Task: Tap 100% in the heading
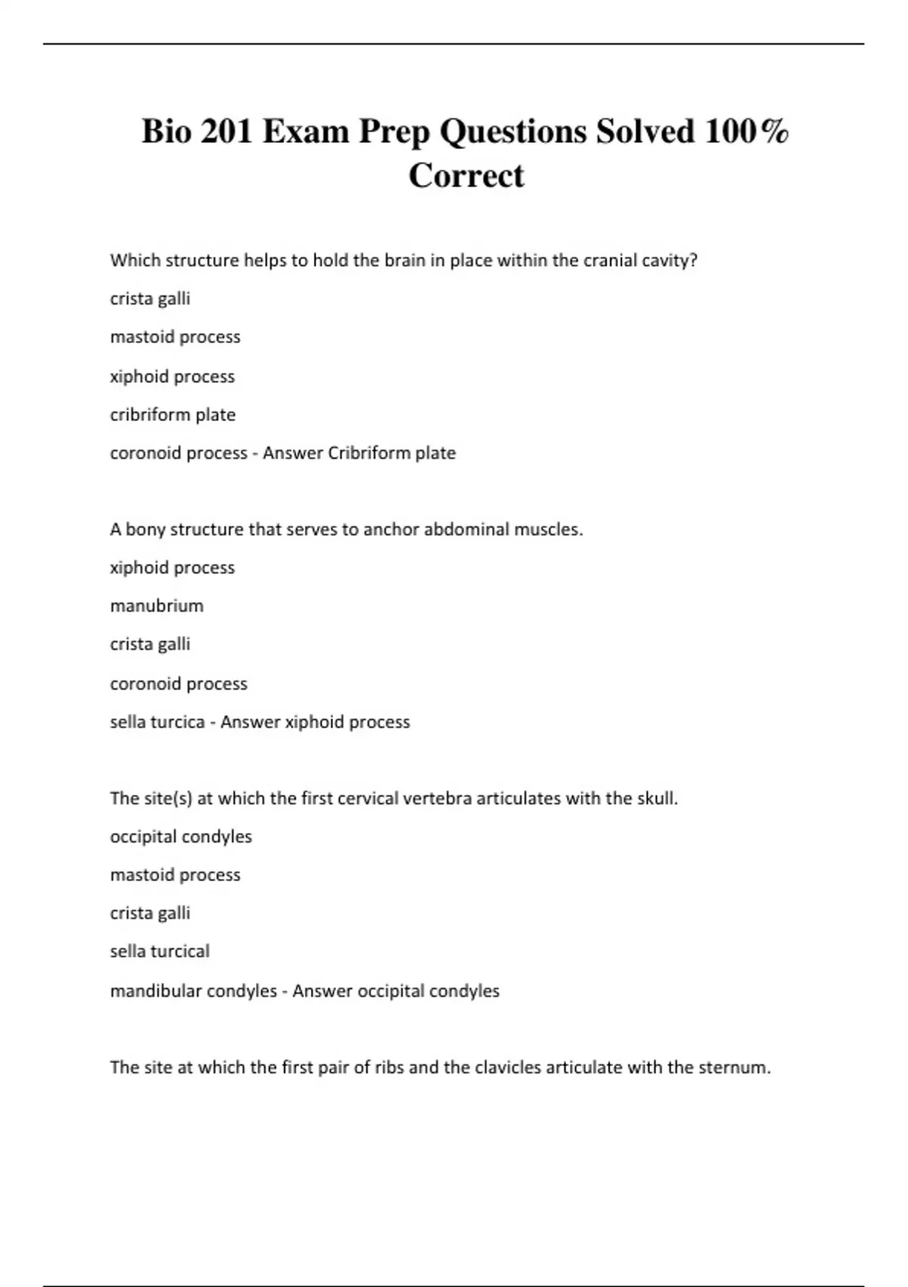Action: (747, 132)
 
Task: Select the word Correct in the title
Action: (466, 176)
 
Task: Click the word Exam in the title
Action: (306, 132)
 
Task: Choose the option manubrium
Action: (157, 606)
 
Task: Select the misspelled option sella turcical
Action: (160, 951)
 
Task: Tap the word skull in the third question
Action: (655, 799)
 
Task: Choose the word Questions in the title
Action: (513, 132)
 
